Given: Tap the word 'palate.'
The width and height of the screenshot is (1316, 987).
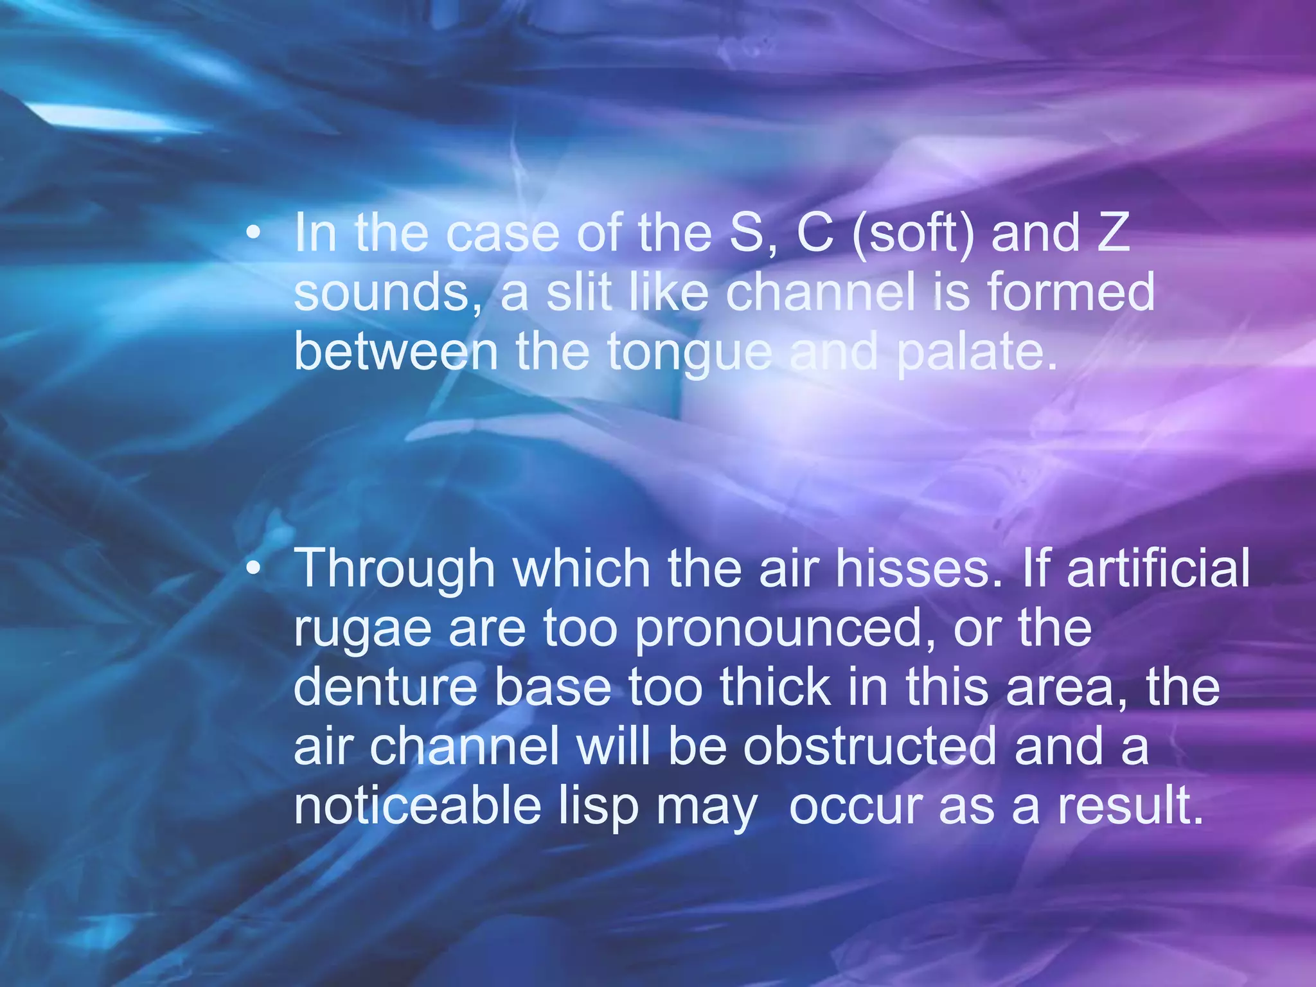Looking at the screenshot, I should point(977,353).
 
